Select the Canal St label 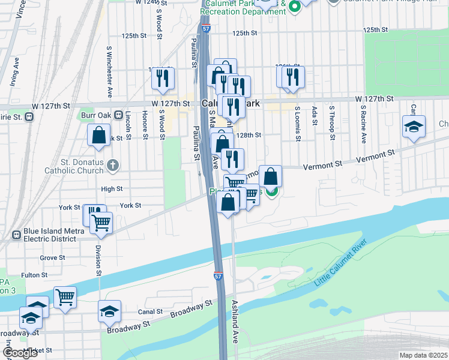click(x=151, y=312)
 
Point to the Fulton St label click(x=35, y=275)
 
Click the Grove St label click(x=48, y=257)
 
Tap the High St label click(x=112, y=188)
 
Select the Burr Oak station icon click(x=118, y=115)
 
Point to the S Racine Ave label click(x=363, y=125)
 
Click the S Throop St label click(x=331, y=124)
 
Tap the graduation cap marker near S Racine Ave click(x=414, y=127)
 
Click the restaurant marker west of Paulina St click(x=163, y=79)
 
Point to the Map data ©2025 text click(x=423, y=355)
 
